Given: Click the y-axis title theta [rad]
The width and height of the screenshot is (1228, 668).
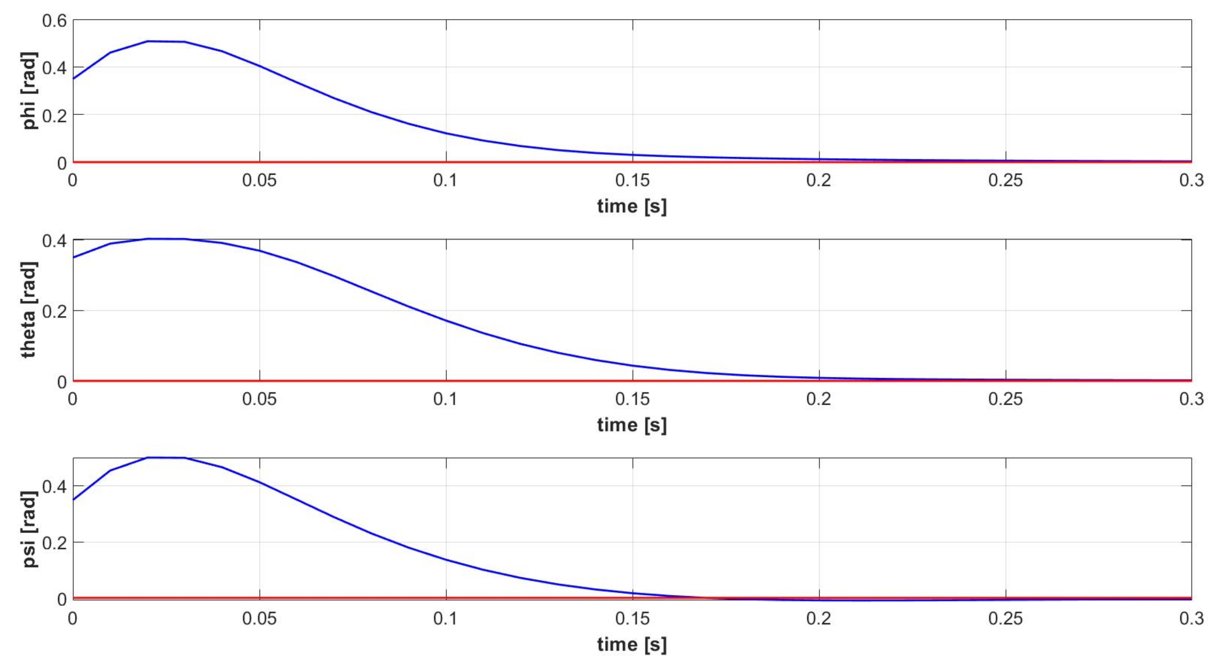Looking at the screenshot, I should coord(29,310).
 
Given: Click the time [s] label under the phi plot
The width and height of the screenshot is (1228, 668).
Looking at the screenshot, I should coord(632,206).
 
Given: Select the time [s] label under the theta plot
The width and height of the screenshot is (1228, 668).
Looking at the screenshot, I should coord(632,425).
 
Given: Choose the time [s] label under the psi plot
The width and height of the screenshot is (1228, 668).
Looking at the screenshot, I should coord(632,644).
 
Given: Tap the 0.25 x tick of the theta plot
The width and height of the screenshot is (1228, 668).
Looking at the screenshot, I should coord(1005,399).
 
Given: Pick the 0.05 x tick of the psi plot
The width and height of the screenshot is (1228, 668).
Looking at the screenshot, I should coord(259,618).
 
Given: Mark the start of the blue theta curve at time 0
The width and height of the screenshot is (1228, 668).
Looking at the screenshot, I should coord(73,257).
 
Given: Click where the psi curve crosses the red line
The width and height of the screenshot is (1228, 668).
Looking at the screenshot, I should coord(710,598).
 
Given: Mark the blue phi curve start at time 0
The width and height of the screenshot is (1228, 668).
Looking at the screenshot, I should coord(73,79).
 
